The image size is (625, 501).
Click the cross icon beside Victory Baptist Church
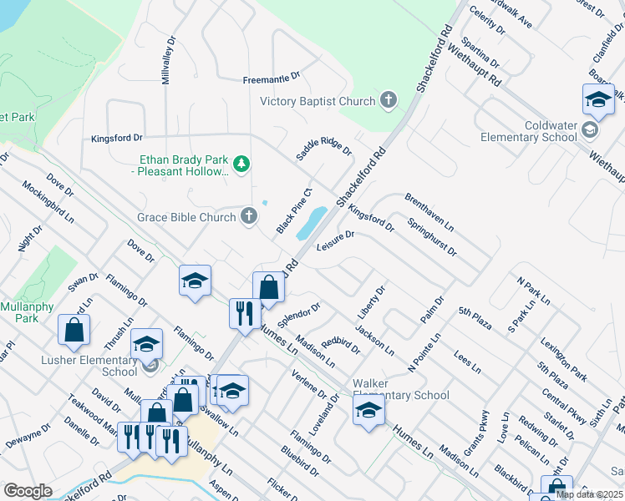[388, 101]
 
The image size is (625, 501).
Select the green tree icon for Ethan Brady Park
[241, 163]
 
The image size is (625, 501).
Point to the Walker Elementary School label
[400, 389]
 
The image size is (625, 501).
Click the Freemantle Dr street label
[271, 79]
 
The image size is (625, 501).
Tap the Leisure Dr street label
[337, 240]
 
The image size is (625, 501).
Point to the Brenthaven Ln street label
[429, 213]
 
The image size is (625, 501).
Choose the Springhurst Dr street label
[432, 237]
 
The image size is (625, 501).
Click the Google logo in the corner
[28, 491]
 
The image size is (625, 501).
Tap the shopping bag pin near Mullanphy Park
[74, 330]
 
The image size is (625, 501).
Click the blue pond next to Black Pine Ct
[311, 222]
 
